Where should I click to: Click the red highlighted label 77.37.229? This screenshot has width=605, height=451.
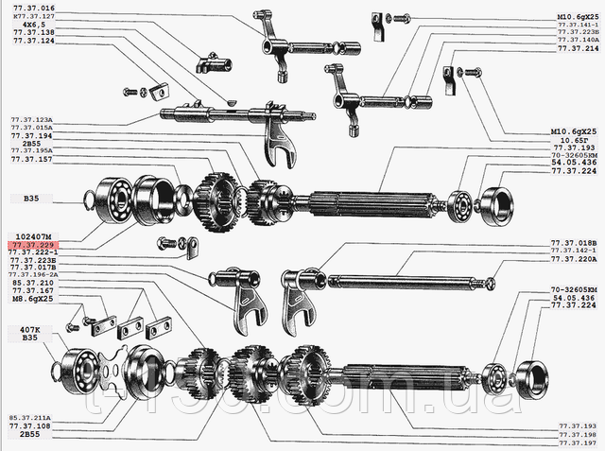[30, 244]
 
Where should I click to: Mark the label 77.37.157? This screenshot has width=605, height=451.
[30, 160]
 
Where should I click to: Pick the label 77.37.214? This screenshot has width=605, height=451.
[577, 47]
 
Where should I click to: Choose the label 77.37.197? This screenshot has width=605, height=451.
[578, 442]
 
